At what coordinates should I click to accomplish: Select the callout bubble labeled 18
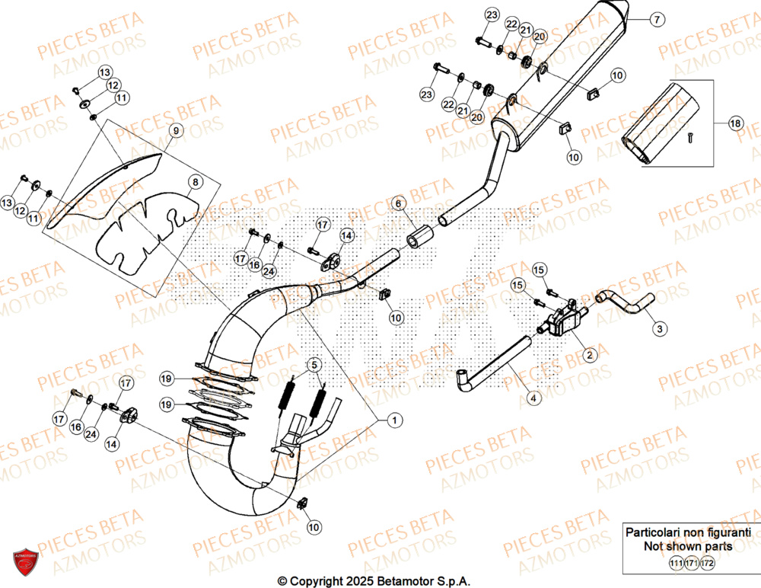(x=735, y=123)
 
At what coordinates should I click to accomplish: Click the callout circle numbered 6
(x=396, y=203)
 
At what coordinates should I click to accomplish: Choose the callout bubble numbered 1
(x=393, y=420)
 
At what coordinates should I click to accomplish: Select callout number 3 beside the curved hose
(x=660, y=329)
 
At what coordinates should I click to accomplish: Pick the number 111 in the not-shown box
(x=676, y=564)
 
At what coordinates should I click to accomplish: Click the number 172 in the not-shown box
(x=708, y=564)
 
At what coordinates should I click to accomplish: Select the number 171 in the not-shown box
(x=692, y=564)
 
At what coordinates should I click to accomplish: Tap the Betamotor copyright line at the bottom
(x=374, y=581)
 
